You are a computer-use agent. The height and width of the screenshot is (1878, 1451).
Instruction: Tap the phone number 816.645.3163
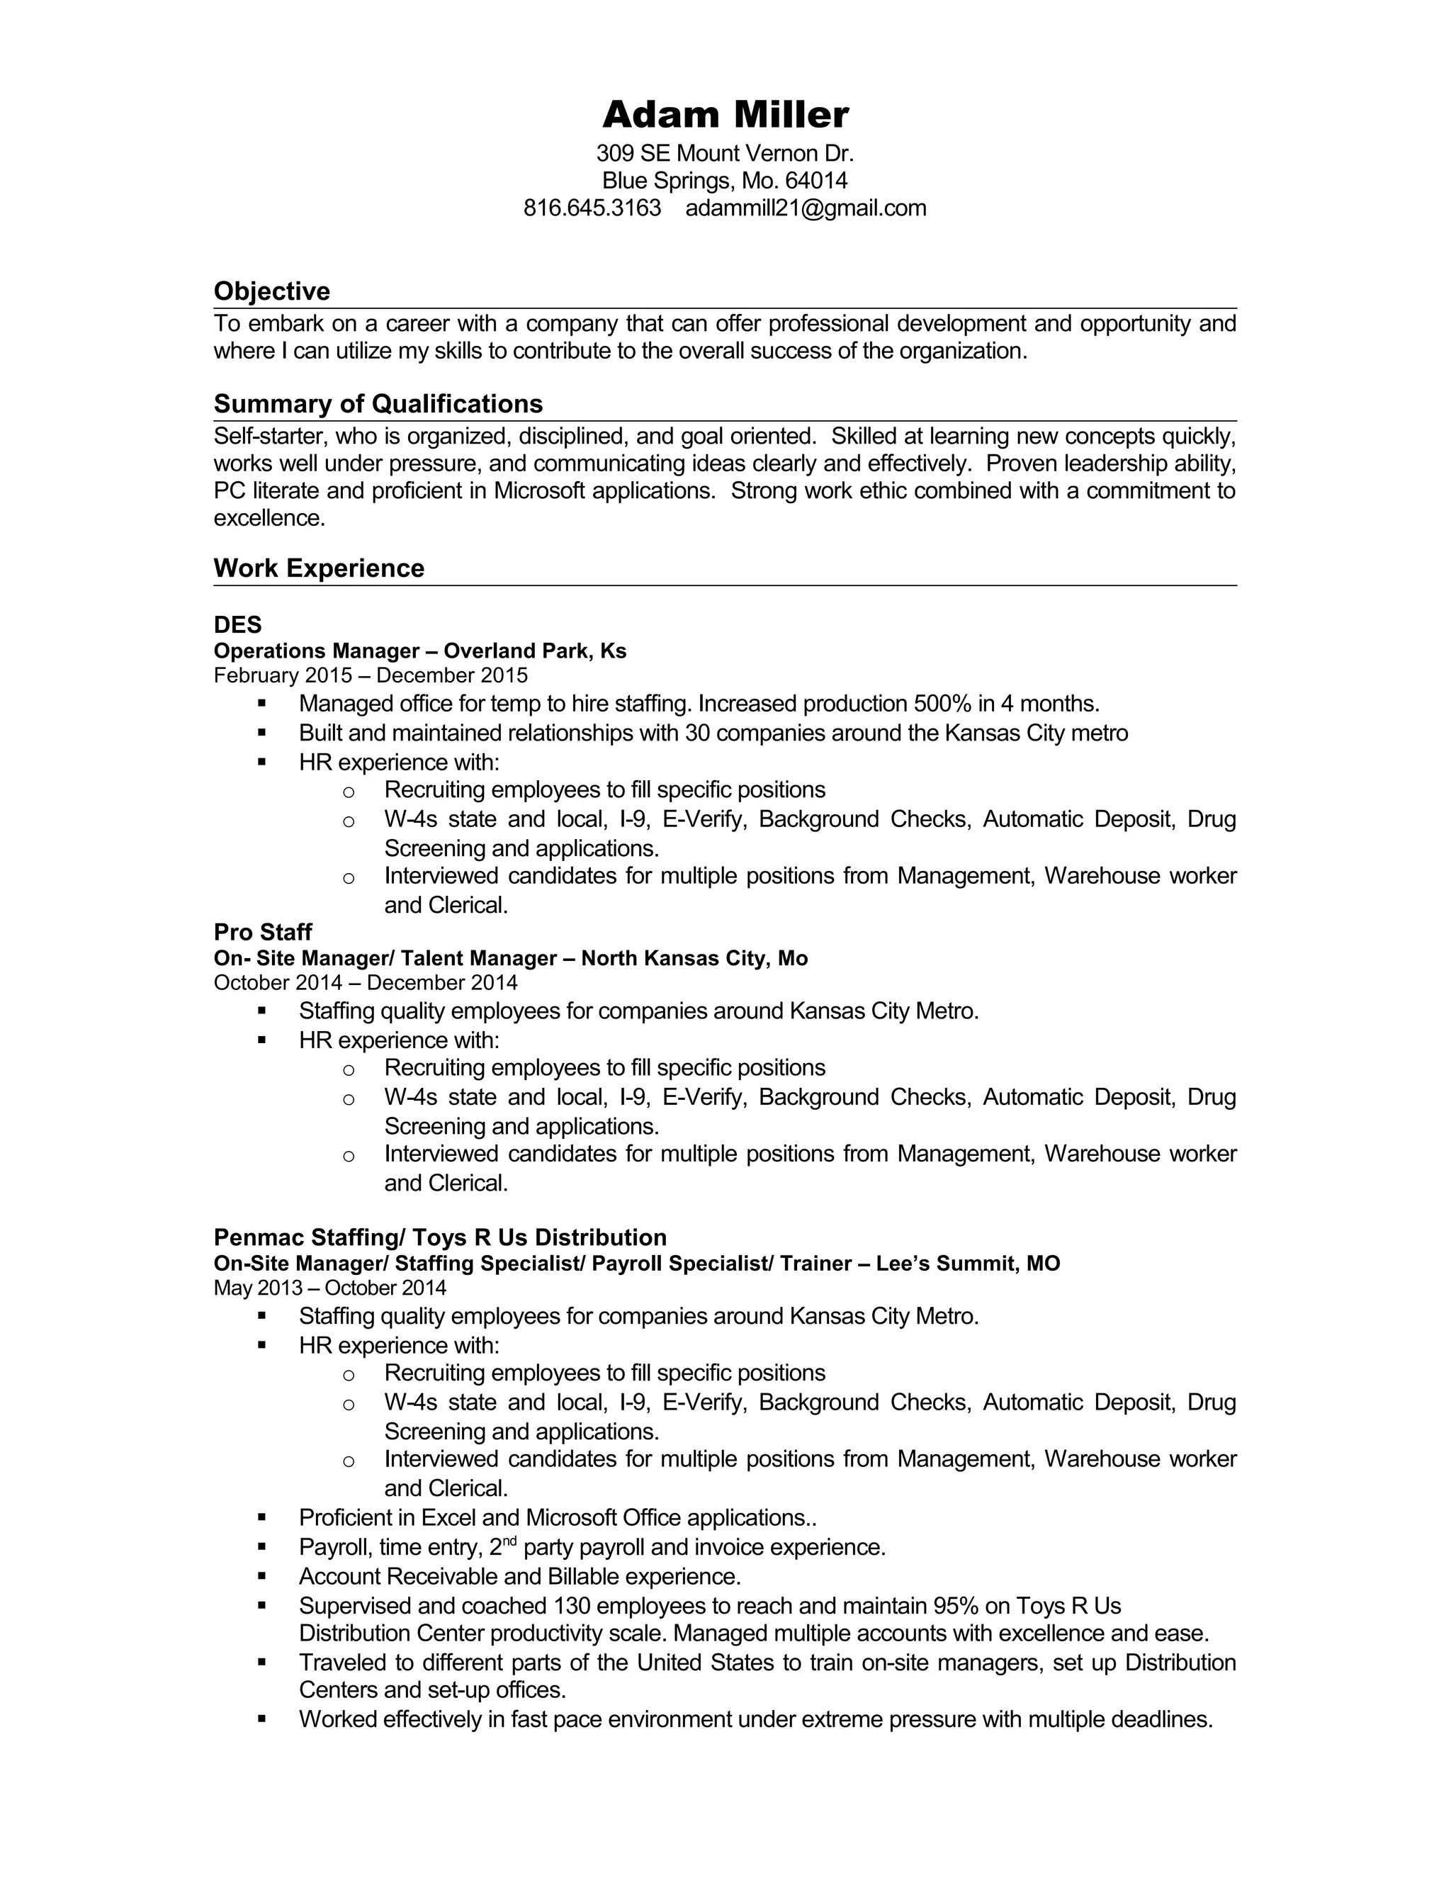point(592,208)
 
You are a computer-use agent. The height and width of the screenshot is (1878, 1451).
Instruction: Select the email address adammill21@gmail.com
point(806,208)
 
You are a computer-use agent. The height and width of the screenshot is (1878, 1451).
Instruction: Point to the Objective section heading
point(271,291)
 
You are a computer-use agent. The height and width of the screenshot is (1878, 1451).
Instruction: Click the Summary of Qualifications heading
point(378,404)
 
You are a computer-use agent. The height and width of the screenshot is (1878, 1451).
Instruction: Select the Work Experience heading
point(319,568)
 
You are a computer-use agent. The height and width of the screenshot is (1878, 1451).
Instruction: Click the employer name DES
point(237,624)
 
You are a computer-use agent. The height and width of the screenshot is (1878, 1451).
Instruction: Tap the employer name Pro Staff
point(262,932)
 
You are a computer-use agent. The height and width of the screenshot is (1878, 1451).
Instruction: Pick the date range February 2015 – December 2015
point(371,676)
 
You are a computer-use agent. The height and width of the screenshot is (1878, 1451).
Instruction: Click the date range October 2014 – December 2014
point(366,983)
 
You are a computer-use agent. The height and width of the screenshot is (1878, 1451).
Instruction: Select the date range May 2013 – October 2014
point(330,1288)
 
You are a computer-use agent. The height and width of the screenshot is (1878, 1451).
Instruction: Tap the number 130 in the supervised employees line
point(572,1607)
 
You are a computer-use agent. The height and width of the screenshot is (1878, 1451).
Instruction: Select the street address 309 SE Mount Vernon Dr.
point(725,154)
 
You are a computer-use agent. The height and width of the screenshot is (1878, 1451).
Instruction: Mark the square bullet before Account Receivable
point(262,1576)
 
